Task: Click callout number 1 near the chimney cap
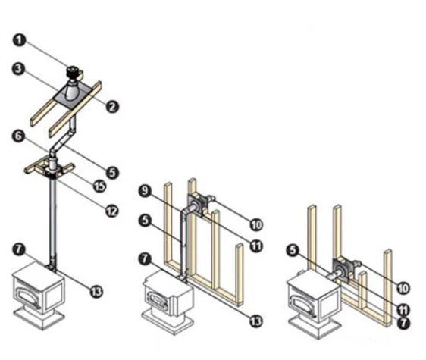(19, 40)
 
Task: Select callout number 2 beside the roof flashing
(112, 107)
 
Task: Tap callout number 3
(18, 69)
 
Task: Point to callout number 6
(18, 136)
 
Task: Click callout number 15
(99, 186)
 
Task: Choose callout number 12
(112, 211)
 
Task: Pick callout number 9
(145, 191)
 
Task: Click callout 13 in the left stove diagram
(96, 292)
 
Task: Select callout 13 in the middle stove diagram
(255, 321)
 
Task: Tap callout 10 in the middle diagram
(256, 225)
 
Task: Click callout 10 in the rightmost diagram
(403, 288)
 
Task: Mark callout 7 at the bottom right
(403, 323)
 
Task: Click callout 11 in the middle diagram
(256, 246)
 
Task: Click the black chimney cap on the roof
(72, 72)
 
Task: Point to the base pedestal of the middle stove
(168, 321)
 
